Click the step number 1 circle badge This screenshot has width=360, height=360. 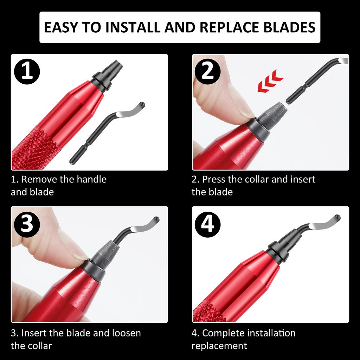click(x=27, y=71)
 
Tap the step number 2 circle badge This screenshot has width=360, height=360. click(x=208, y=71)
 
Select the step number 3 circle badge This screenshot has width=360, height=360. click(x=27, y=224)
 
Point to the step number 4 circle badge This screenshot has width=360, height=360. click(x=208, y=224)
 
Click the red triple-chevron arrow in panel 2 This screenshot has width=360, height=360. click(x=270, y=82)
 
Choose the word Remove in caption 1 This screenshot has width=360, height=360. click(x=39, y=179)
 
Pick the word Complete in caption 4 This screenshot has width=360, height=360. click(x=223, y=333)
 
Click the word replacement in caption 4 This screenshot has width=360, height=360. click(x=219, y=346)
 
